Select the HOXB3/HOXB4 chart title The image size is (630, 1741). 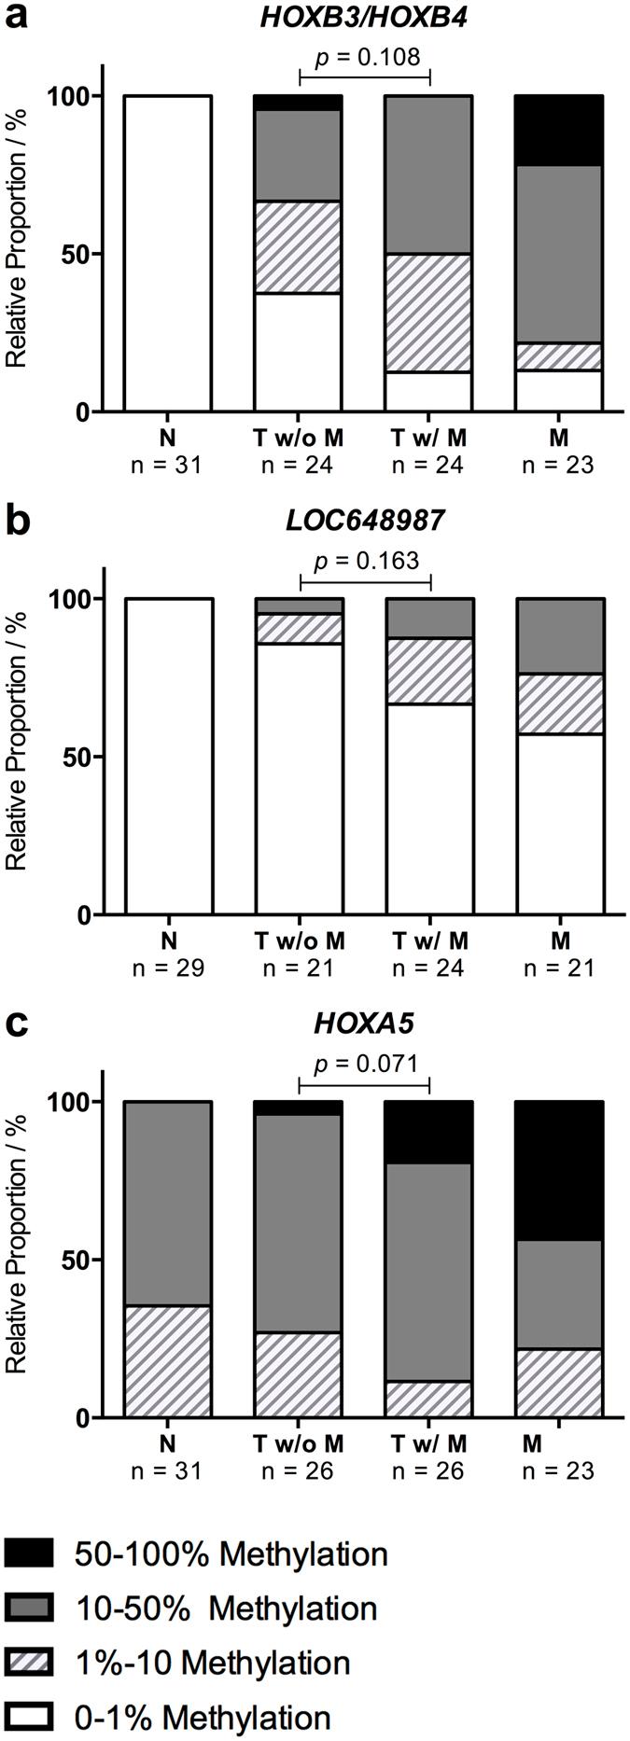coord(363,17)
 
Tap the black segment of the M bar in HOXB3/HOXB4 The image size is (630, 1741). coord(559,131)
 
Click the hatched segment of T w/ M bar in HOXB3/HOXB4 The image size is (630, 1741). coord(429,313)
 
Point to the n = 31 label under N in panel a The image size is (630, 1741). coord(168,465)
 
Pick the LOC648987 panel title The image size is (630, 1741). coord(364,520)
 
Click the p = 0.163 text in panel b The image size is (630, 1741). coord(366,561)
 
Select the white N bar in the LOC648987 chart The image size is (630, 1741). coord(168,756)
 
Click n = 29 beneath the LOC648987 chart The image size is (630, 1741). coord(168,968)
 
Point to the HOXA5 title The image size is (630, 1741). coord(364,1024)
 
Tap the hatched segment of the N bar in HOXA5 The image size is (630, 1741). coord(168,1361)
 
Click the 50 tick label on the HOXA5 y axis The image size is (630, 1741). coord(76,1260)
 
